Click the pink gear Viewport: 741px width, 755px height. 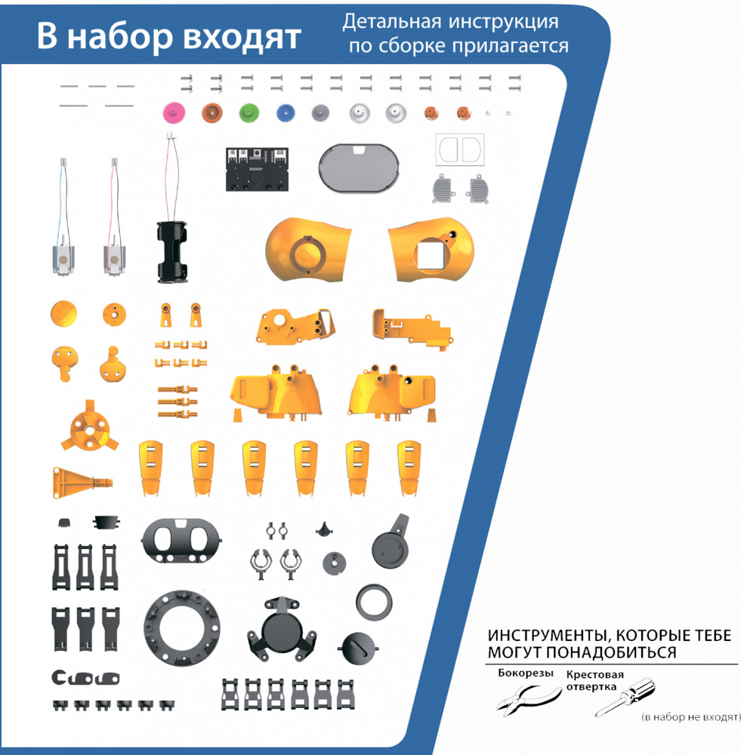pos(174,114)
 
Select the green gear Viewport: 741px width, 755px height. pos(249,114)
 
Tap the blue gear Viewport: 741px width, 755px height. pos(286,114)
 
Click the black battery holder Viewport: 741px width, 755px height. pos(172,252)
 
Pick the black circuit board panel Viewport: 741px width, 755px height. pos(258,169)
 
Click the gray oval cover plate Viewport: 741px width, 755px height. pos(359,168)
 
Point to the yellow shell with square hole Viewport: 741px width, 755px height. pos(431,249)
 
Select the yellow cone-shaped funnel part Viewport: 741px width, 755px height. pos(82,482)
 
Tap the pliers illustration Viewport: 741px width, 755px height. pos(529,698)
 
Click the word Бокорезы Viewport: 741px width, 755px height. pos(525,673)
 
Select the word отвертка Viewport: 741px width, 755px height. pos(591,686)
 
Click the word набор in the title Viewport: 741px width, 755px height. pos(119,36)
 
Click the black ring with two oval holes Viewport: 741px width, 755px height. pos(181,541)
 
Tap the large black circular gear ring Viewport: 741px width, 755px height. pos(181,628)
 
